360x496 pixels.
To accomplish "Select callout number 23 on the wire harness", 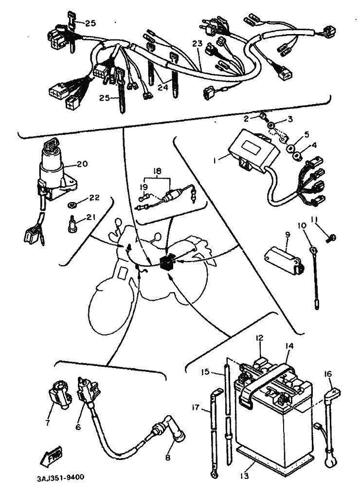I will point(197,44).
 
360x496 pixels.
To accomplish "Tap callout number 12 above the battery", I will point(259,338).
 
